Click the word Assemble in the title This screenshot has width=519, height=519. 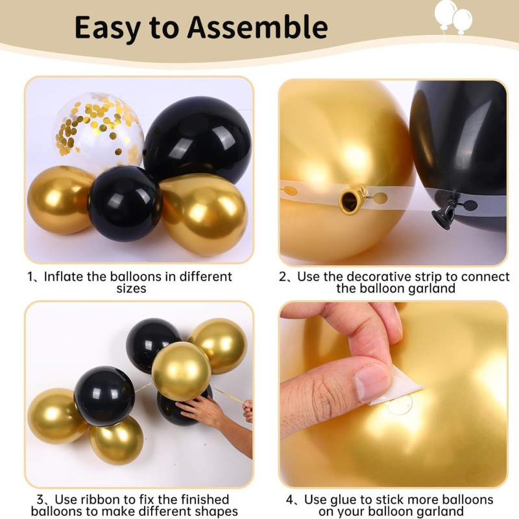click(258, 27)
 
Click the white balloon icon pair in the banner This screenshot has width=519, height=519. click(453, 18)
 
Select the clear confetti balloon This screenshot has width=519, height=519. click(99, 132)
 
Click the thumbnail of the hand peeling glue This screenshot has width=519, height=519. click(393, 394)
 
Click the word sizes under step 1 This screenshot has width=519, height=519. click(131, 289)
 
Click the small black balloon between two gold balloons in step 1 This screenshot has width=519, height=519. click(125, 203)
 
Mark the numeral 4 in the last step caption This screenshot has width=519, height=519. click(290, 500)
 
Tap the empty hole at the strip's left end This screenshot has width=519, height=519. click(289, 191)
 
